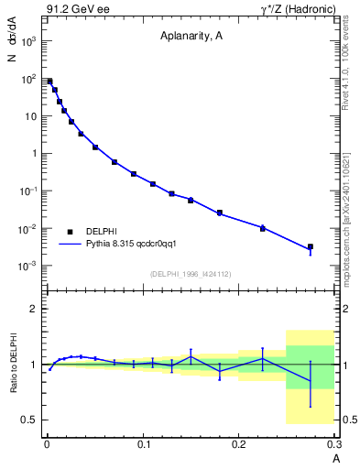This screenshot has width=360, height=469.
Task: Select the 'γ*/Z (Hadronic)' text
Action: (294, 10)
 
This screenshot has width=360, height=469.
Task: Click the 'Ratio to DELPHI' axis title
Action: (13, 365)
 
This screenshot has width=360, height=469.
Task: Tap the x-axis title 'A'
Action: (335, 458)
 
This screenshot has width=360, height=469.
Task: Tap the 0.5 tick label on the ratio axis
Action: (29, 420)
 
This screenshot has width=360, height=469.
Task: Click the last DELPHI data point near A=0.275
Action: (311, 246)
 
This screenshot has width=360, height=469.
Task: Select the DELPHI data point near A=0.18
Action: (220, 213)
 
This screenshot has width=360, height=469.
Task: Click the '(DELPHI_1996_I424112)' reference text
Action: (190, 274)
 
